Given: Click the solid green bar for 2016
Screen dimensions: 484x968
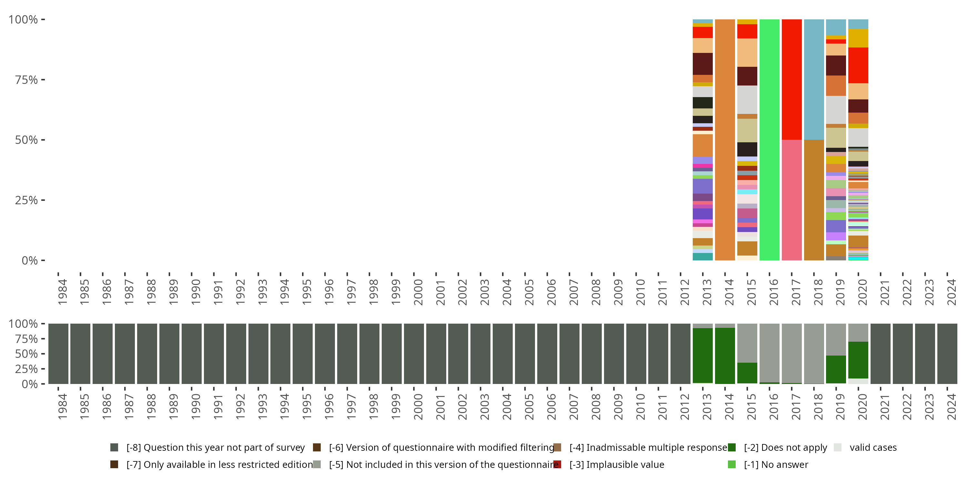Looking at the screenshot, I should click(x=769, y=139).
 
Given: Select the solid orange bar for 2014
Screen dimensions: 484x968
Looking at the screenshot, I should click(x=725, y=139).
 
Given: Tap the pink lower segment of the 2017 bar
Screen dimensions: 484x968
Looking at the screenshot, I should click(x=792, y=200).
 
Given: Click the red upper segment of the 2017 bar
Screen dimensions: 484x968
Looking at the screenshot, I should click(x=792, y=79).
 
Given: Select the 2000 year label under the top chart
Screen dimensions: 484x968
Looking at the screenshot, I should click(x=418, y=292).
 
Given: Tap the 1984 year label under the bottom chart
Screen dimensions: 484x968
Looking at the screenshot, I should click(x=62, y=407).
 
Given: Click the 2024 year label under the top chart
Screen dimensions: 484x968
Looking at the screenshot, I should click(x=951, y=292).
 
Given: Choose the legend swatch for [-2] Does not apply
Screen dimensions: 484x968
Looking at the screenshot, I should click(x=731, y=447).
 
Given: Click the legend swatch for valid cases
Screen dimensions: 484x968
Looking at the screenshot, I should click(x=837, y=447).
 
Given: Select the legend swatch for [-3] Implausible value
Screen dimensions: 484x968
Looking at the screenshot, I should click(x=557, y=464).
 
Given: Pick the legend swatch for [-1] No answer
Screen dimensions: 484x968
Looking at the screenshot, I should click(x=731, y=464).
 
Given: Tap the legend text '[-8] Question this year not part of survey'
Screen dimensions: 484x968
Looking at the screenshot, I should click(x=215, y=447).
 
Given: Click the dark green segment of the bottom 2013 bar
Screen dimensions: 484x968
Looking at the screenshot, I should click(x=702, y=356).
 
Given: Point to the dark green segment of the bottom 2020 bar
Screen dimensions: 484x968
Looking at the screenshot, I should click(x=858, y=360).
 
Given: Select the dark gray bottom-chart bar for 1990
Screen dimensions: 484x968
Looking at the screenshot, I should click(x=192, y=354).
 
